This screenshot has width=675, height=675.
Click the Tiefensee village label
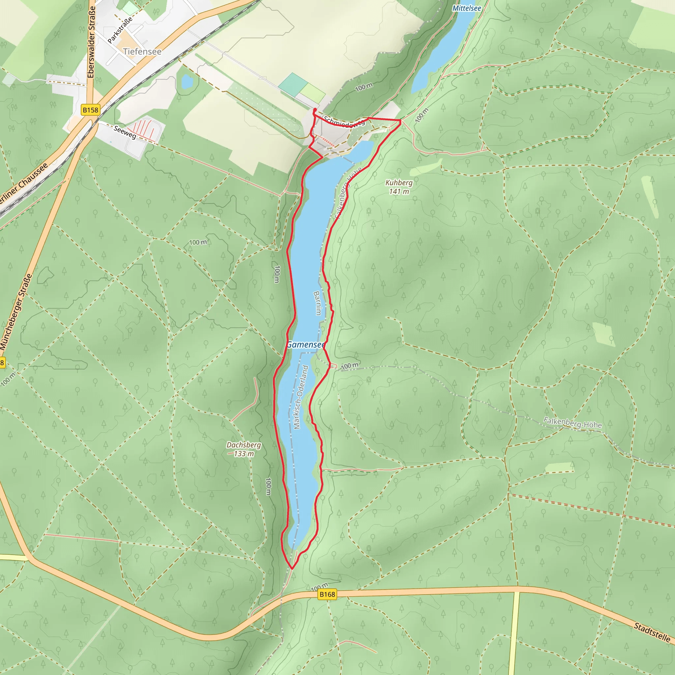(142, 51)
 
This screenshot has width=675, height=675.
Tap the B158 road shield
(91, 110)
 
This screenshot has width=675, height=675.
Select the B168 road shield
(327, 594)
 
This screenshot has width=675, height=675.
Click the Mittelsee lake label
(466, 8)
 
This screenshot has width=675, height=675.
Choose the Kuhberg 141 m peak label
(399, 187)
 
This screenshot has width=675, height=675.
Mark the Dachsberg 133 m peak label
(244, 449)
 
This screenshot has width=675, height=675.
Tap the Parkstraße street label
(120, 30)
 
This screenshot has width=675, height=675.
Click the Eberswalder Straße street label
(91, 42)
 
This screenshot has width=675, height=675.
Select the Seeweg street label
(125, 132)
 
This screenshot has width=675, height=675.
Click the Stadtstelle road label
(652, 632)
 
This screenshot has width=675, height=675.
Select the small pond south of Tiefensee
(187, 82)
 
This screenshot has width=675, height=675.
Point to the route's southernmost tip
(292, 569)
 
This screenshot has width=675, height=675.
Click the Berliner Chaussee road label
(24, 184)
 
